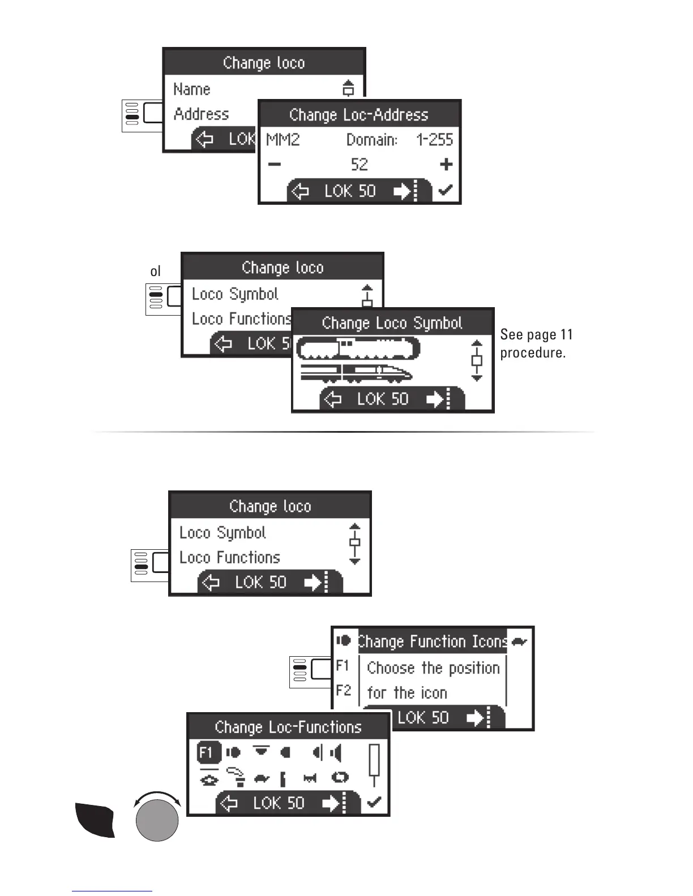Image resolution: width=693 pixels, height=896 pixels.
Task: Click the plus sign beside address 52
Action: (446, 165)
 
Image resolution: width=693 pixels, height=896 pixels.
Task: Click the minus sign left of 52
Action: (274, 165)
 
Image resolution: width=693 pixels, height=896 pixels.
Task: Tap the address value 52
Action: (360, 165)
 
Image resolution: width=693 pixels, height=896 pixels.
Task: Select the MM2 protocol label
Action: (283, 140)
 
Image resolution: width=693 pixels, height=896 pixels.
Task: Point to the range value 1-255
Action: (435, 140)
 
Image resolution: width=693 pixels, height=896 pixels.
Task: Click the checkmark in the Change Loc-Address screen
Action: (446, 191)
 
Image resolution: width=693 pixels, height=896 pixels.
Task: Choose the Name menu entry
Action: (192, 89)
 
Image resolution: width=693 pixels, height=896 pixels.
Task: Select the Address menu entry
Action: (202, 114)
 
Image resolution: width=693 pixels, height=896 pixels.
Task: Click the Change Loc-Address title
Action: (359, 115)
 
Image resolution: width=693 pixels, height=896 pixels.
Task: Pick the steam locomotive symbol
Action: (358, 348)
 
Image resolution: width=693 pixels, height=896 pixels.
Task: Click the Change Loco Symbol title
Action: (392, 323)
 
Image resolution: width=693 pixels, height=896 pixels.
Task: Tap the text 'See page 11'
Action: (536, 335)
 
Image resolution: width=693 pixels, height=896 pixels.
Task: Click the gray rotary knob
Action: (157, 820)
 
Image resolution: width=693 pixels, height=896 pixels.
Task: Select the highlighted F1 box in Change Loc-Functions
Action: (207, 753)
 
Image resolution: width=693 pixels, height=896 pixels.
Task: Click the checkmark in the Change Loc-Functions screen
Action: (374, 802)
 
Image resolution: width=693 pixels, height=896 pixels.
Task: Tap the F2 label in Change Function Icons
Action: (344, 691)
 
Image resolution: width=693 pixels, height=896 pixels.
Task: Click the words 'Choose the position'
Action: (433, 668)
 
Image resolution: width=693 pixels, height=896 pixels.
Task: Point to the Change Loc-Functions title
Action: (288, 727)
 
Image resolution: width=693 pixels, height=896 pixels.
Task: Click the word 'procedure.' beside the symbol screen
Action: (533, 353)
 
